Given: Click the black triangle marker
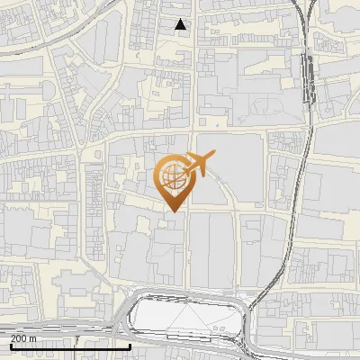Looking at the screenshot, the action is (182, 24).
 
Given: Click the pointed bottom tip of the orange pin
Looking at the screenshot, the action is (171, 211).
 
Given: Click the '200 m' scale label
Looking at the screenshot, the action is (23, 337).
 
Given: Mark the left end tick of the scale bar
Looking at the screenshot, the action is (10, 345).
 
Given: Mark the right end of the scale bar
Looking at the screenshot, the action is (130, 345).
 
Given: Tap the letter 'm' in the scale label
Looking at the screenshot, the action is (32, 337).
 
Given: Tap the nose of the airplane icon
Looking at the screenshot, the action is (214, 156).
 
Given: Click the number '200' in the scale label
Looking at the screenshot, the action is (20, 337).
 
